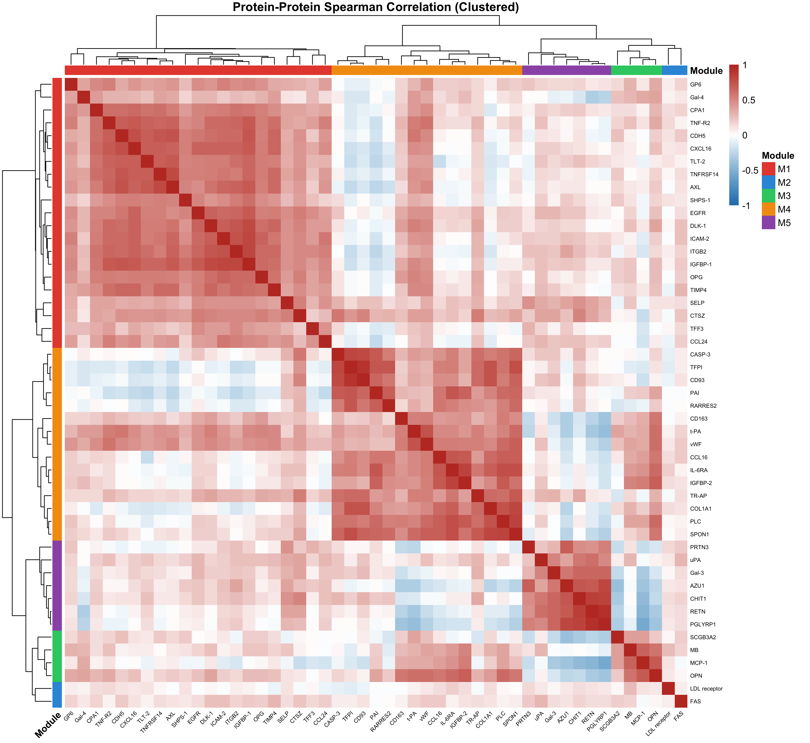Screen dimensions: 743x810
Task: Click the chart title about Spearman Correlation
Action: coord(376,7)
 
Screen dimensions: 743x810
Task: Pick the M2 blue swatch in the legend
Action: coord(768,183)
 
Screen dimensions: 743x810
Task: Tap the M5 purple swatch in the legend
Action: coord(768,223)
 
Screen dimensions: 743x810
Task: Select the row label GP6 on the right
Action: coord(696,84)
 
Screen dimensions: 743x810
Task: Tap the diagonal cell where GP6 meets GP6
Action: coord(71,84)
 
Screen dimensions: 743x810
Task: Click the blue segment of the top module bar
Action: coord(674,70)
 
